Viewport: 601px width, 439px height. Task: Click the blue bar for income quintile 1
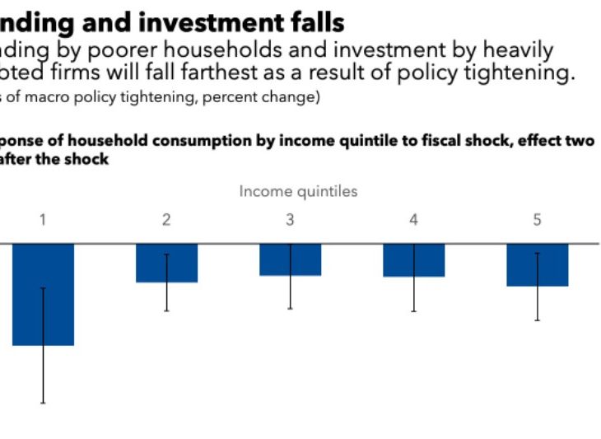[43, 294]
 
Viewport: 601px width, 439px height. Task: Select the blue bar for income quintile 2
[166, 263]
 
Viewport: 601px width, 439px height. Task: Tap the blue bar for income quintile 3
[290, 259]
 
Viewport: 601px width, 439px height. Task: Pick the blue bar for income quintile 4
[413, 260]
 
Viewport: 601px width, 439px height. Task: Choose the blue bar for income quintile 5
[537, 264]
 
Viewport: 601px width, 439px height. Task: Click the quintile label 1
[43, 220]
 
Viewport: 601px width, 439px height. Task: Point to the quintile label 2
[166, 220]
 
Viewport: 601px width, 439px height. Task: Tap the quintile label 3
[290, 220]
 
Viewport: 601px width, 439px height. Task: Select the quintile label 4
[413, 220]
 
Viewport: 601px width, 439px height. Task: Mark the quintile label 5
[537, 220]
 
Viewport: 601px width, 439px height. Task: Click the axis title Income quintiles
[298, 191]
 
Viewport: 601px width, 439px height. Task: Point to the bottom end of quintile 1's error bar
[43, 403]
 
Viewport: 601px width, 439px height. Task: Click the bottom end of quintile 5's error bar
[537, 320]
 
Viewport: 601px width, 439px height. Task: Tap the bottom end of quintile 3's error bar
[290, 308]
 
